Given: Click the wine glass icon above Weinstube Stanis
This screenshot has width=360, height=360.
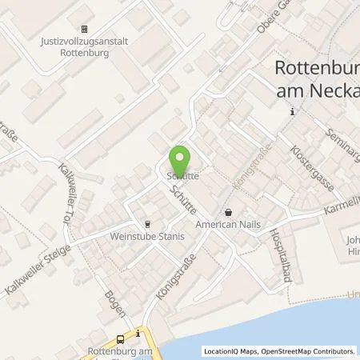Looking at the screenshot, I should tap(146, 225).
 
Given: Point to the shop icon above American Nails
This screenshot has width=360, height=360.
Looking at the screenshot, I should tap(230, 213).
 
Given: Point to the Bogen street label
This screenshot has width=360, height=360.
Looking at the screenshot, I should tap(114, 304).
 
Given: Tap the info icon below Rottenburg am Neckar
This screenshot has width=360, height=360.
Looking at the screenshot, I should tap(292, 112).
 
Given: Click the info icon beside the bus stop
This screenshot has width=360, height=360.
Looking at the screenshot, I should tap(139, 332).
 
